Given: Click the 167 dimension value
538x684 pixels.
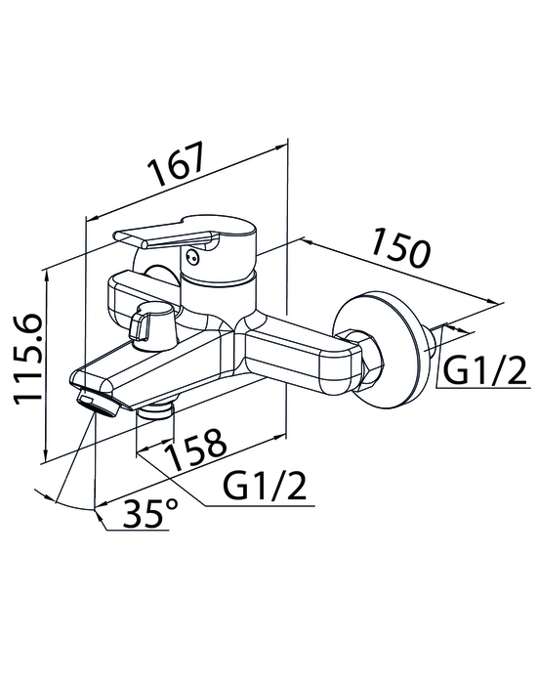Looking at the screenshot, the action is [177, 164].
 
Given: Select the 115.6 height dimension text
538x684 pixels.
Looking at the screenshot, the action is [28, 359].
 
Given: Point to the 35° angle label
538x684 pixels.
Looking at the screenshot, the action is [150, 513].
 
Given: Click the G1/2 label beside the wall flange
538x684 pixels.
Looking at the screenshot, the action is [484, 370].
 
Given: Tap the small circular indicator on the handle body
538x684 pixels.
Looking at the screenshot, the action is [191, 257].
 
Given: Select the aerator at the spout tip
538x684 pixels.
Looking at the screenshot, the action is [98, 404].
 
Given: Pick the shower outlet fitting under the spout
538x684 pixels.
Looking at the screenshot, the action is [155, 411].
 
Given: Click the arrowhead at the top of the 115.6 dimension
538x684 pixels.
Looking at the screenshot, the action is [46, 275].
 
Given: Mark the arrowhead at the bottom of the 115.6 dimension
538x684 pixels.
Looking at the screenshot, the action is [45, 453].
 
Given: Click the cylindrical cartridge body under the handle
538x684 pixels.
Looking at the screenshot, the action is [218, 297].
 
